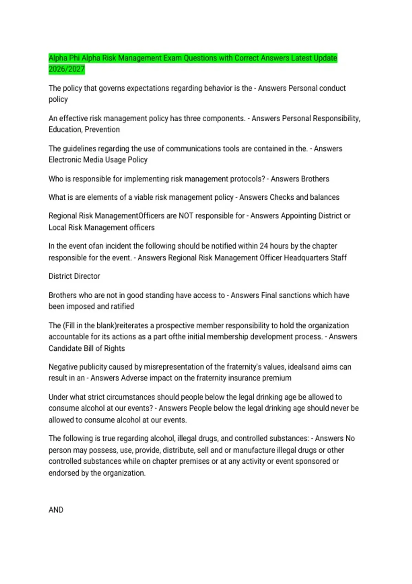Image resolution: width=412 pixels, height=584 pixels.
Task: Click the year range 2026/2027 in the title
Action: pyautogui.click(x=67, y=69)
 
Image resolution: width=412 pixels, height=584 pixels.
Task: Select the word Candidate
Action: pyautogui.click(x=65, y=348)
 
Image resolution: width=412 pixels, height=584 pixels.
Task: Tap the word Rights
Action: pyautogui.click(x=114, y=348)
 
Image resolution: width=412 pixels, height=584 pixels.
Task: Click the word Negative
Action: pyautogui.click(x=63, y=367)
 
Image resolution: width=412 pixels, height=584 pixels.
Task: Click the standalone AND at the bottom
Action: pyautogui.click(x=56, y=510)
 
